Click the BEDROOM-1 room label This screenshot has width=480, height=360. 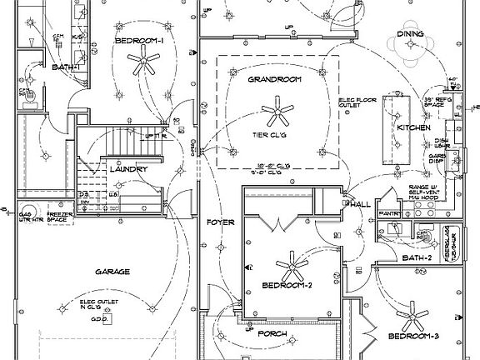point(139,41)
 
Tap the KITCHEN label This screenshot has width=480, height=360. point(412,127)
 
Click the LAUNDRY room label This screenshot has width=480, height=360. point(128,169)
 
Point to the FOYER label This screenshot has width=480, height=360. point(222,223)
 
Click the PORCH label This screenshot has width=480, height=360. point(272,334)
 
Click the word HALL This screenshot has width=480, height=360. point(360,204)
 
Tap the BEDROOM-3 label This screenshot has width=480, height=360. point(413,337)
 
